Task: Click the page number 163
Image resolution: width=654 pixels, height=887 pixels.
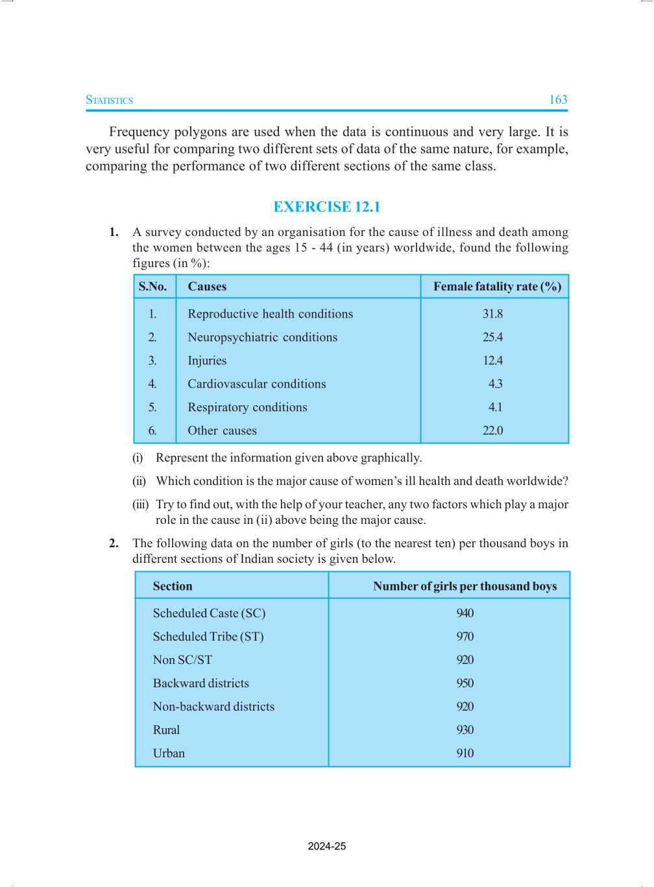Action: point(558,100)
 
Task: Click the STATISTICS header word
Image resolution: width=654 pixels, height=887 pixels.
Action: point(110,101)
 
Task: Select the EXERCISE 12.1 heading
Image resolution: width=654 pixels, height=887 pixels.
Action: point(326,207)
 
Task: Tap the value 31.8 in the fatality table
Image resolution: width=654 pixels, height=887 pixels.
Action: point(492,314)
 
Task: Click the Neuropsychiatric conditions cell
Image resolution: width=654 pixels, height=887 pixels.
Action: point(262,337)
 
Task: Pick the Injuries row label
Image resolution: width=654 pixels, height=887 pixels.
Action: point(207,361)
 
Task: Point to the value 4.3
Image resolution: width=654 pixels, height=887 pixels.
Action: point(495,384)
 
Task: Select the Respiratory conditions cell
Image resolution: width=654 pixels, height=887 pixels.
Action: point(247,407)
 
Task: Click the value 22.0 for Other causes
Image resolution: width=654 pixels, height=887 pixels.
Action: point(492,431)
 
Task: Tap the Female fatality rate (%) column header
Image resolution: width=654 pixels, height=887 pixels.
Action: point(497,287)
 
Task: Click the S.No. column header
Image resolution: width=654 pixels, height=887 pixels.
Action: point(152,287)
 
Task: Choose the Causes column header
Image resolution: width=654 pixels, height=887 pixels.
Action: point(207,287)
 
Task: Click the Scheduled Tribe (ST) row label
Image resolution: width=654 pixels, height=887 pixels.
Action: point(208,637)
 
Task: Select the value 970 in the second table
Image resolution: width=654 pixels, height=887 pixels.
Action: point(465,637)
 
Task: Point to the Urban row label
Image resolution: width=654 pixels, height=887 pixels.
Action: point(169,753)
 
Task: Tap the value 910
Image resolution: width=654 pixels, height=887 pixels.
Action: point(465,753)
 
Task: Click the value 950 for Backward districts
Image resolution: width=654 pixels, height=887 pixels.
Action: point(465,683)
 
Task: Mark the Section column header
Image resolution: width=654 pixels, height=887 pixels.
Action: point(173,586)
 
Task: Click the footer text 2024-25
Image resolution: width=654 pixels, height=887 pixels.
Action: point(326,846)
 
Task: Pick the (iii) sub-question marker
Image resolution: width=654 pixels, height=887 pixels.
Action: point(140,504)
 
